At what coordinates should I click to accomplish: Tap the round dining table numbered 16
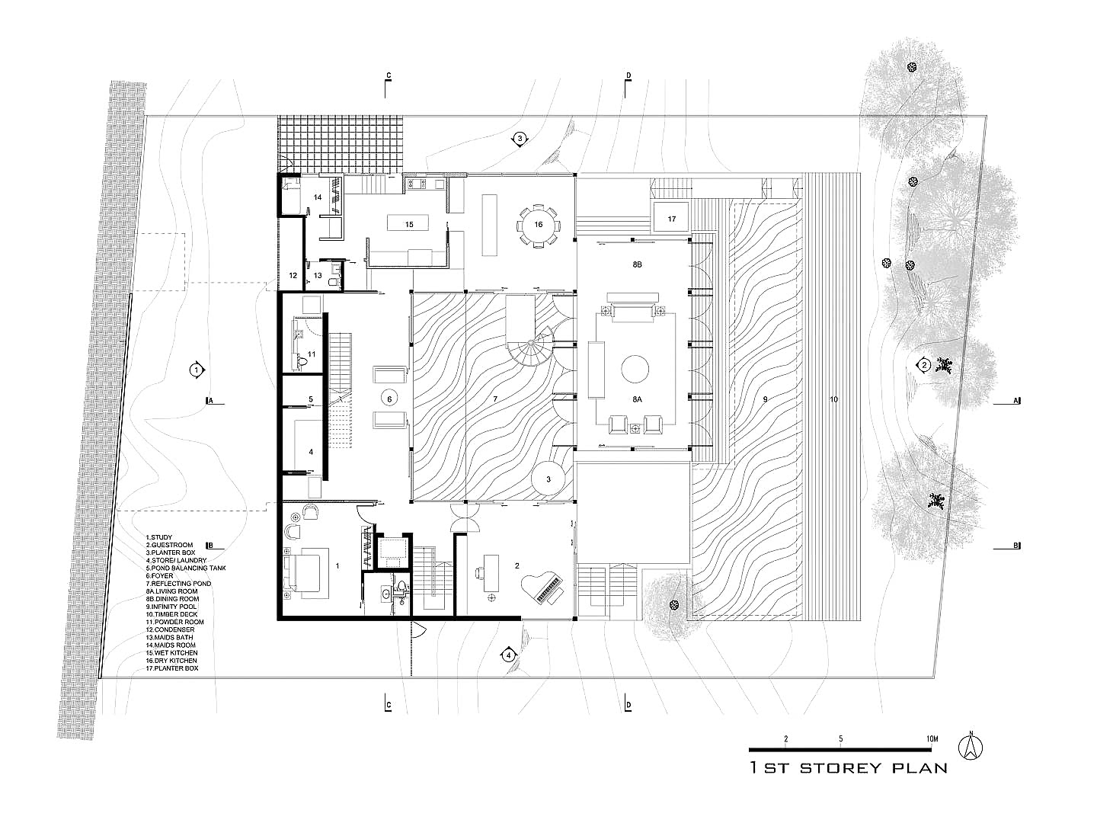click(x=538, y=226)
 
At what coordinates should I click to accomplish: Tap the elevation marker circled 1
click(x=197, y=370)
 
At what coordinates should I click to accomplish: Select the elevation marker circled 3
click(x=520, y=139)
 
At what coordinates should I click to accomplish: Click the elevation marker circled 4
click(x=508, y=655)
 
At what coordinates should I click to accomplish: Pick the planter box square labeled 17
click(x=671, y=219)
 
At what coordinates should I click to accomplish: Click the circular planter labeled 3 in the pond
click(x=548, y=479)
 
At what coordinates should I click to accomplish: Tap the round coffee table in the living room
click(x=635, y=370)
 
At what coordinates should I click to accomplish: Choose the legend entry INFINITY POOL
click(x=171, y=607)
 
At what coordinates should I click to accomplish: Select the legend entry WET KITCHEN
click(x=171, y=652)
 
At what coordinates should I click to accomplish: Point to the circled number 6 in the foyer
click(x=389, y=399)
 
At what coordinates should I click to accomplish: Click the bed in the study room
click(x=305, y=573)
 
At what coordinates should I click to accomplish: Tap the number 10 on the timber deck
click(x=833, y=399)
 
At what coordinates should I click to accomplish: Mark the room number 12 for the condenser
click(x=293, y=275)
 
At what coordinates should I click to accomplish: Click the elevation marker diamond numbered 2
click(x=923, y=365)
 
